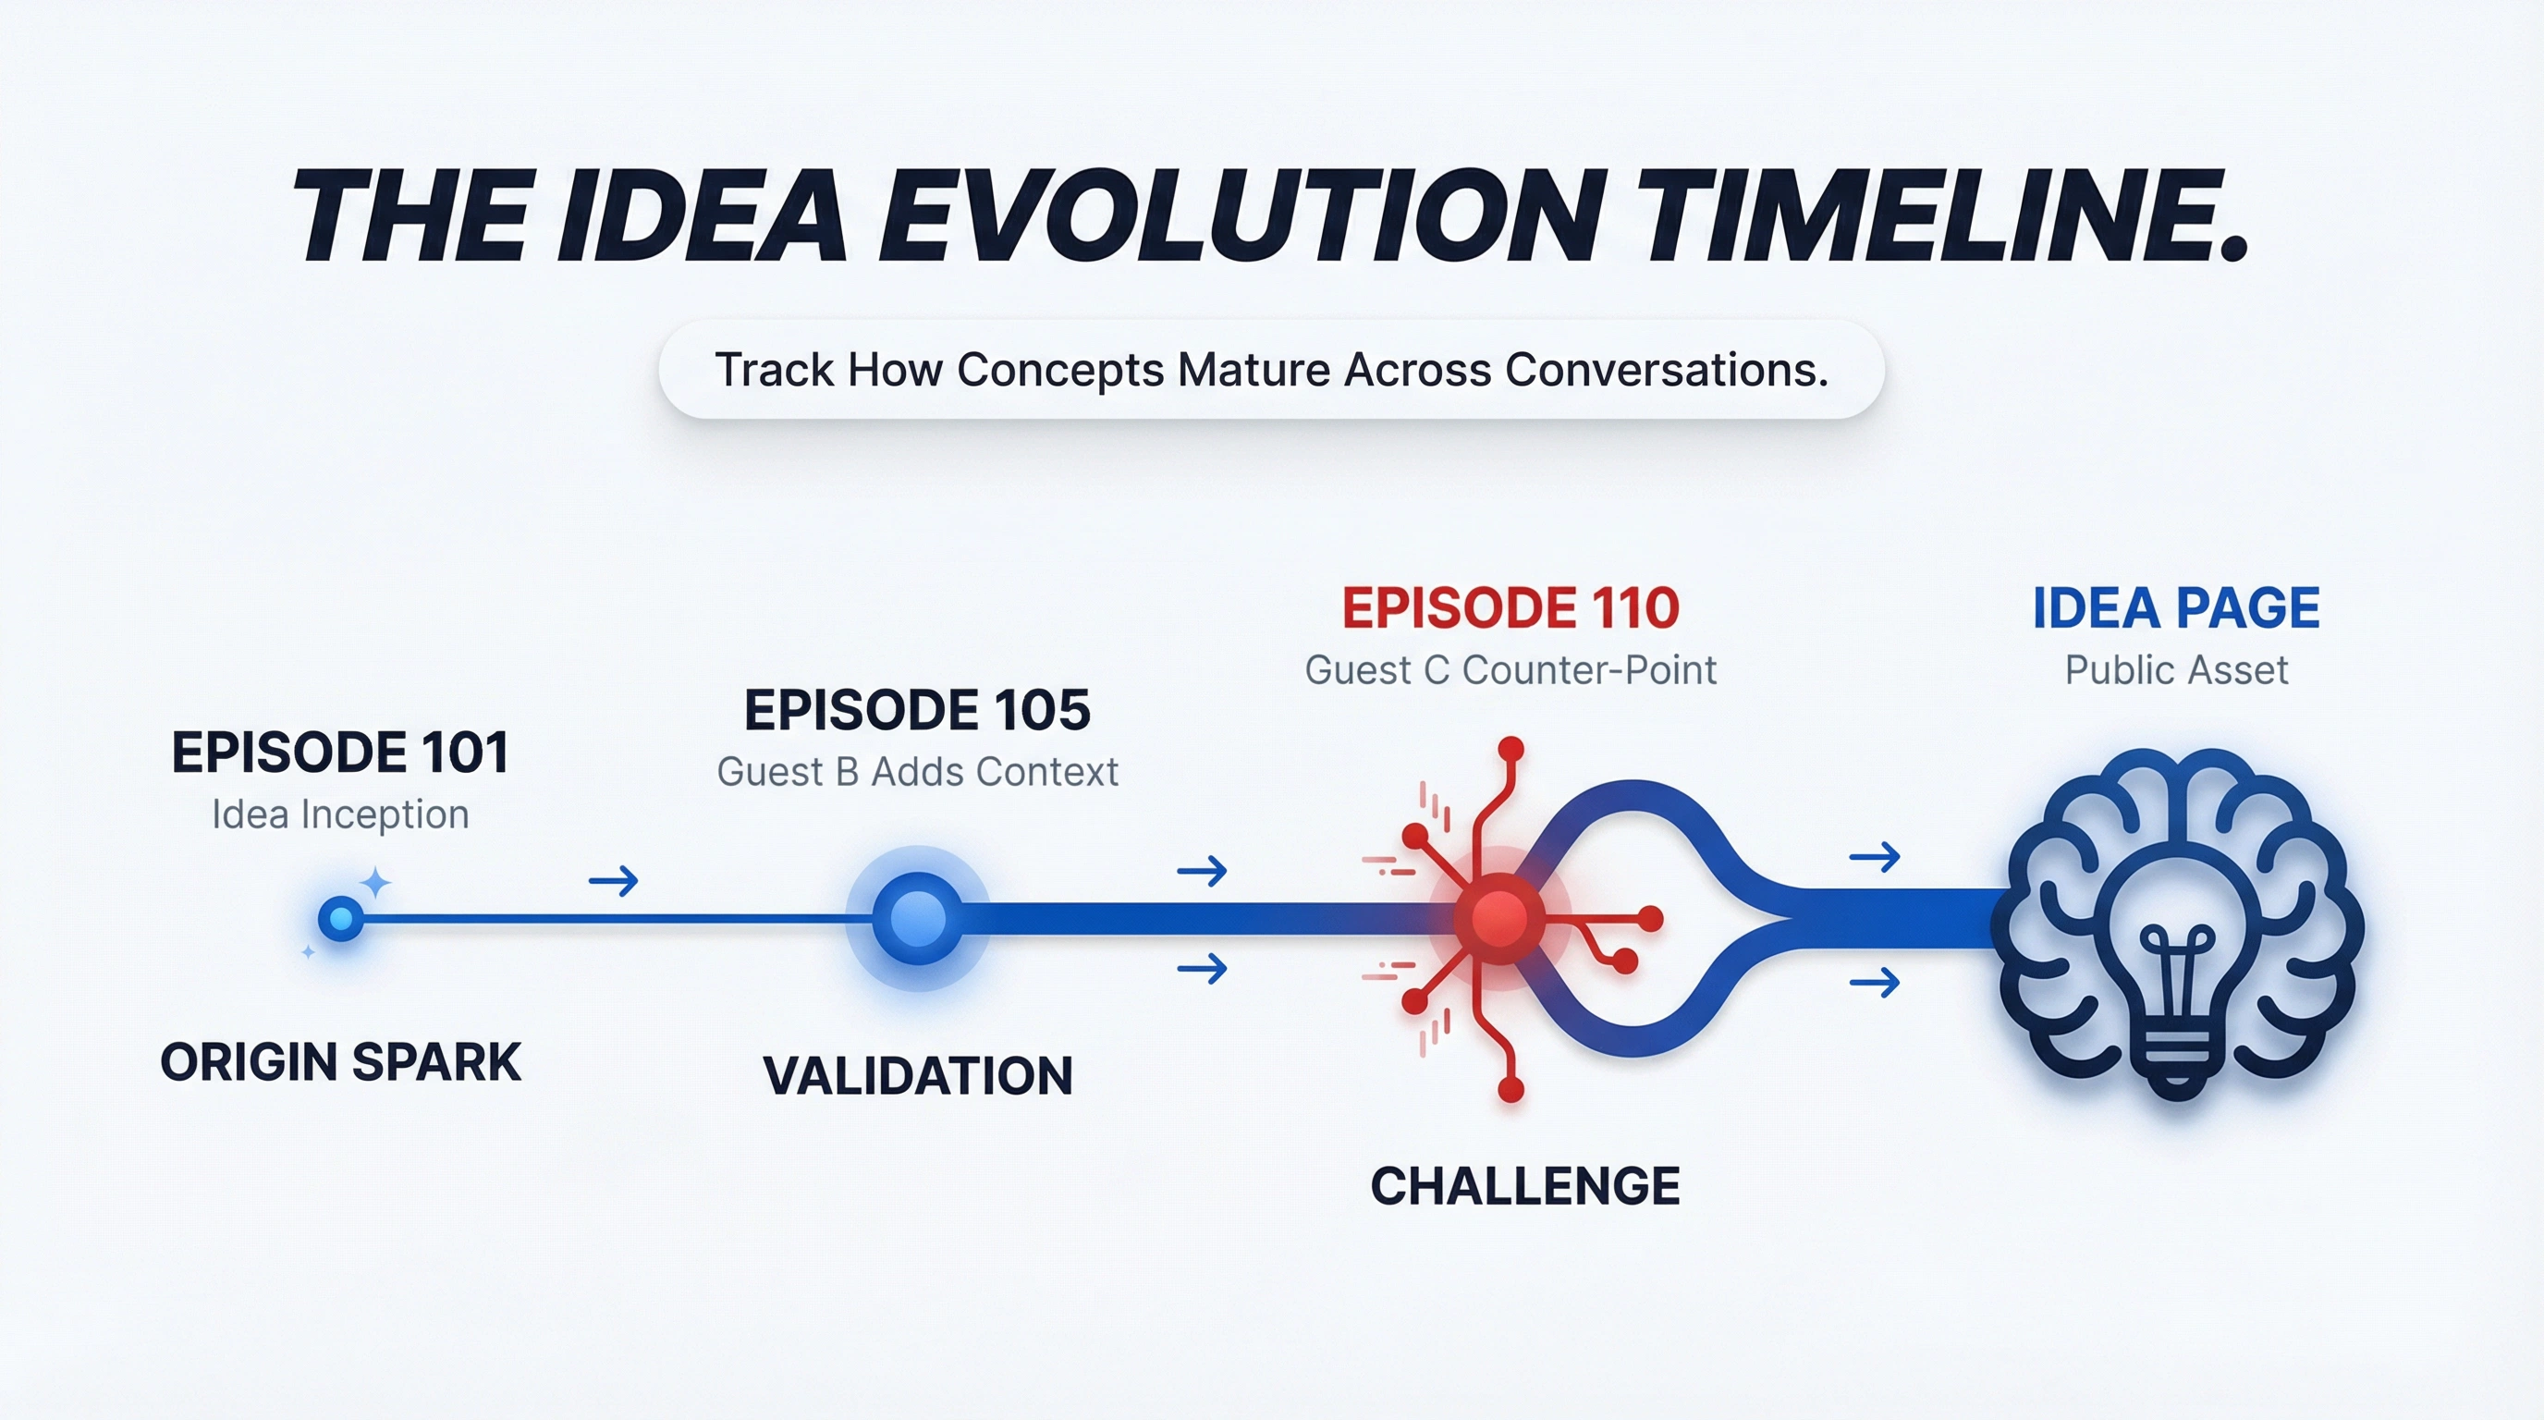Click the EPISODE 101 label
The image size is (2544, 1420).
340,753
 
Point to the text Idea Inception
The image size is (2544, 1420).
340,814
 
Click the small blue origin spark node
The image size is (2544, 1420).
341,919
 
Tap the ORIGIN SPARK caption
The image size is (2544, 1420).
340,1062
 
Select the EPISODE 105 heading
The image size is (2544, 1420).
916,710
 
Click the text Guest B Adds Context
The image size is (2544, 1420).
916,772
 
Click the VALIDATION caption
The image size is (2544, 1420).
916,1075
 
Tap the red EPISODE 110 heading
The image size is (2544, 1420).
1510,608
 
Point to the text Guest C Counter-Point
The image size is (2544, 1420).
1510,670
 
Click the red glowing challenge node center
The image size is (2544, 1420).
1499,919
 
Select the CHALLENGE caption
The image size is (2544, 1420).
1524,1186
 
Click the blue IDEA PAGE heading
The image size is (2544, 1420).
2176,608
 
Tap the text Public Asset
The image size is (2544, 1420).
2176,670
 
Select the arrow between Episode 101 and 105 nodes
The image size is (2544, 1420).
613,880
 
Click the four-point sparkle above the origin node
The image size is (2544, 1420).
375,883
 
